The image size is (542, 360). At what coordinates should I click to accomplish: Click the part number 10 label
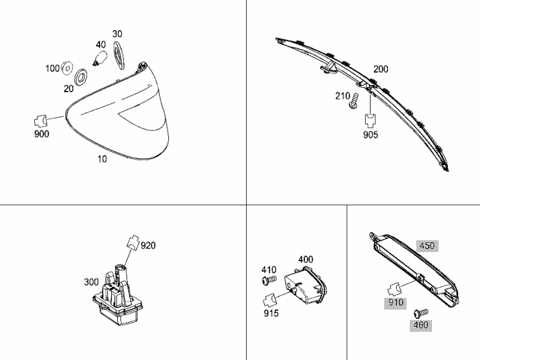[x=102, y=159]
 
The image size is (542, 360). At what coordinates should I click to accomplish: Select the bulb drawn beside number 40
[x=100, y=58]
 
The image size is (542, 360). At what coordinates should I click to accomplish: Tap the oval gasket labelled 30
[x=119, y=55]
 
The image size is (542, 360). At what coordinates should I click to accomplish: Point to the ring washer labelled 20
[x=81, y=77]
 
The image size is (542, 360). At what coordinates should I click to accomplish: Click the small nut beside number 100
[x=67, y=68]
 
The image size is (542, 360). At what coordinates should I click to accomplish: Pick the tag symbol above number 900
[x=41, y=121]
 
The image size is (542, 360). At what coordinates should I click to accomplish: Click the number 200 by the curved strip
[x=380, y=69]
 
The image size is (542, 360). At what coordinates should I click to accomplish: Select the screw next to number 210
[x=353, y=101]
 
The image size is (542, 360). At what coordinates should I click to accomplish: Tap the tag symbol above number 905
[x=370, y=121]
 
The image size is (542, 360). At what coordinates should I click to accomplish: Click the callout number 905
[x=370, y=135]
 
